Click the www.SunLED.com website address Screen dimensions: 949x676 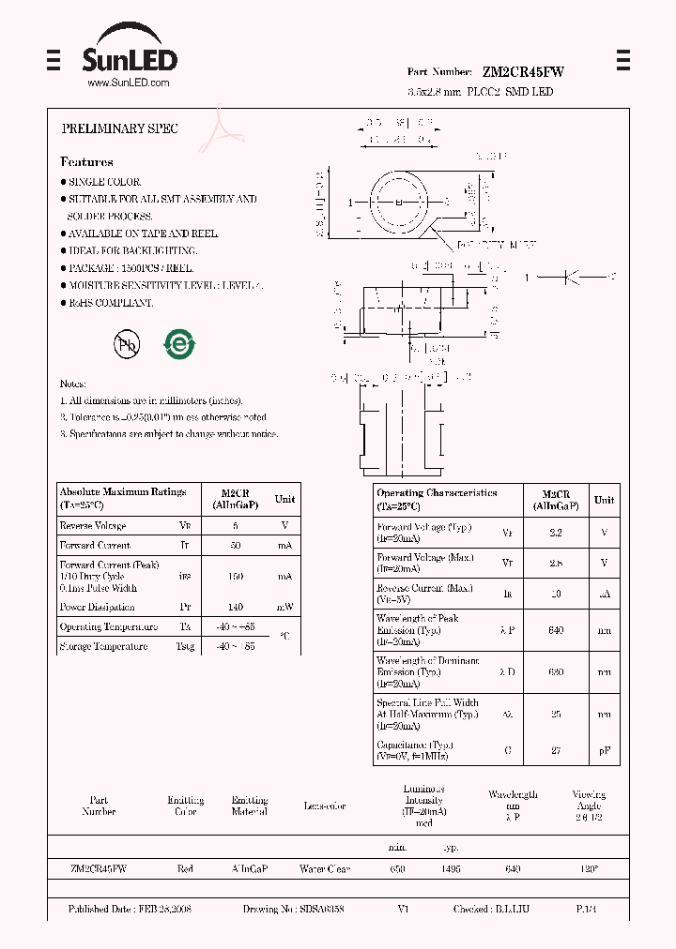[129, 83]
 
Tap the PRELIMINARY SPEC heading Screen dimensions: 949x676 [119, 128]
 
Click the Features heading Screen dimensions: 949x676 [86, 162]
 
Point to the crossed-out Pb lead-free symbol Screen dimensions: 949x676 [127, 344]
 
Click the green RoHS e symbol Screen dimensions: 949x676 [178, 344]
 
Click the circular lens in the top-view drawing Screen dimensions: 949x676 [398, 202]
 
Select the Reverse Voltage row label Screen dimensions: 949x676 [93, 526]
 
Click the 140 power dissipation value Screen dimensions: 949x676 [235, 607]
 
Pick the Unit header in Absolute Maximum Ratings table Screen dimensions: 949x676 [284, 499]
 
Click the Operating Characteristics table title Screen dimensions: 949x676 [437, 493]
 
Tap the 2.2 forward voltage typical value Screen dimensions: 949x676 [556, 533]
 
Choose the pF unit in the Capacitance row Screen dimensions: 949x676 [604, 750]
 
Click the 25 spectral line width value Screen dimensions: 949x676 [556, 715]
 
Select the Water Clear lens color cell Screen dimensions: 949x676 [325, 869]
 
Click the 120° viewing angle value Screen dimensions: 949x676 [589, 869]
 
